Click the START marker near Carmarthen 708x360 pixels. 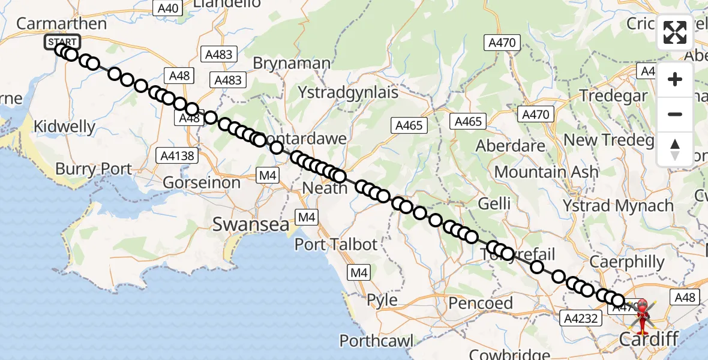coord(62,42)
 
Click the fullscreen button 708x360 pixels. coord(675,32)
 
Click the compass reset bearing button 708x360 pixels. coord(675,149)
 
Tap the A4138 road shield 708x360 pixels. coord(178,156)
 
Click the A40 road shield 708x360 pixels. coord(167,8)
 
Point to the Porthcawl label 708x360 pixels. coord(376,341)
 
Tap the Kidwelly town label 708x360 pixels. coord(65,127)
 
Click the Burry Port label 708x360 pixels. coord(93,169)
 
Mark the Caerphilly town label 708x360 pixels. coord(627,262)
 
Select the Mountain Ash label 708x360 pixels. coord(546,172)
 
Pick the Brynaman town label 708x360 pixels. coord(292,63)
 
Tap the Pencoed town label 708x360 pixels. coord(481,303)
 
